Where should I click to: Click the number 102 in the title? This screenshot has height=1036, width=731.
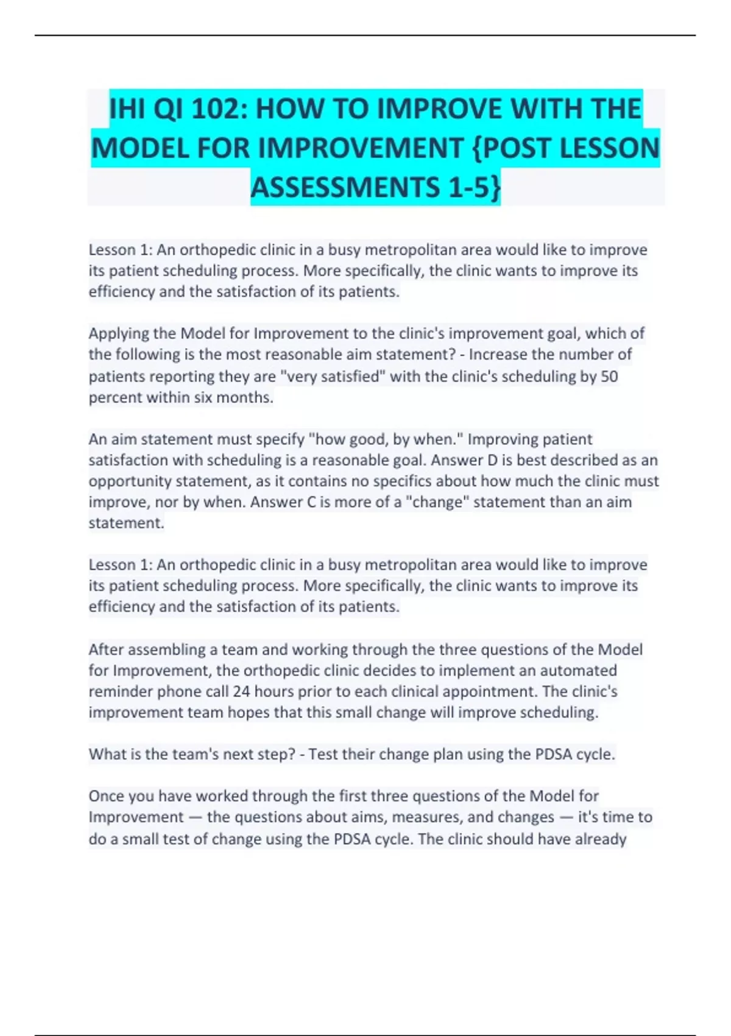click(x=217, y=110)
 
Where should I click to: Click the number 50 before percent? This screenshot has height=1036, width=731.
click(x=609, y=376)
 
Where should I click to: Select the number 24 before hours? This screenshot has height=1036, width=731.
click(x=242, y=692)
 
